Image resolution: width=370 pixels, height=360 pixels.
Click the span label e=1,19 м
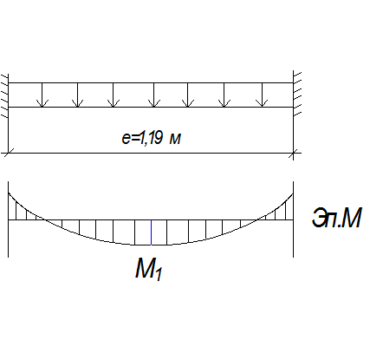(x=152, y=138)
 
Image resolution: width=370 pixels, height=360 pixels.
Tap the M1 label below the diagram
(x=149, y=269)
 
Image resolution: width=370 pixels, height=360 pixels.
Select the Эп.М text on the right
(x=336, y=218)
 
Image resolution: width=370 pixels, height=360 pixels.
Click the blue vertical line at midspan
(x=151, y=232)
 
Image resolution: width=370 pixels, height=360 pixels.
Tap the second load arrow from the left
(x=78, y=95)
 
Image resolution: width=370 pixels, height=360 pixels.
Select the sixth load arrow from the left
(x=224, y=95)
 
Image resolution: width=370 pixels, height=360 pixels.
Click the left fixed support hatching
(x=4, y=95)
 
